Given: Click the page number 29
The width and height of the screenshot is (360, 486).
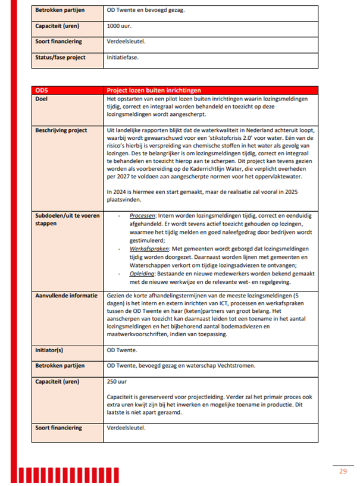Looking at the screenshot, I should point(343,471).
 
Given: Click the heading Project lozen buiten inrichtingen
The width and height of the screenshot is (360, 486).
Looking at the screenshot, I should point(152,90).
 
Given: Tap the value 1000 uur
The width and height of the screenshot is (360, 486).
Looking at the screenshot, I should point(120,26).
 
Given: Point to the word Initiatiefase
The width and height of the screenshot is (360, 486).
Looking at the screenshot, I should point(123,57).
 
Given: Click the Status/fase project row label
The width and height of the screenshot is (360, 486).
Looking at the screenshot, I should point(61,57).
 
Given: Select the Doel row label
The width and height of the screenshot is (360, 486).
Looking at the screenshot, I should point(43,98).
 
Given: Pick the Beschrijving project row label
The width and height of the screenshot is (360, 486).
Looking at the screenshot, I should point(61,130).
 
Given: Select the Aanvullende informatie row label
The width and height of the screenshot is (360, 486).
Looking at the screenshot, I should point(65,294).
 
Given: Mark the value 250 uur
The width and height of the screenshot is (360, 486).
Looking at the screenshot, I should point(117,381).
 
